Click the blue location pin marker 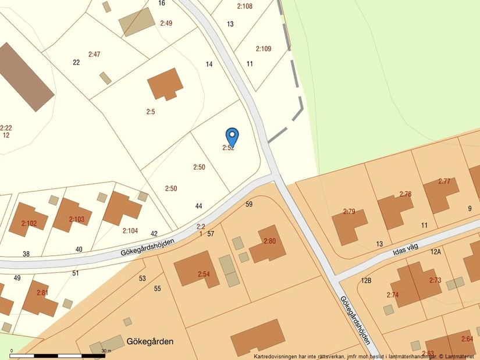(232, 137)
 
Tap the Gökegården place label (150, 341)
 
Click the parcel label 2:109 (263, 49)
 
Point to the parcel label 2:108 (244, 6)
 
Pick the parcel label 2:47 (94, 54)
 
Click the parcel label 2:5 (150, 111)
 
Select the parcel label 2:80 (270, 241)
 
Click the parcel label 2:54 (203, 274)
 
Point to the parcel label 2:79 (349, 211)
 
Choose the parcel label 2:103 (76, 219)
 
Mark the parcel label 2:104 (130, 230)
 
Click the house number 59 (249, 204)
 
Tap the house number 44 (199, 206)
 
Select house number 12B (366, 281)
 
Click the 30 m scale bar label (106, 351)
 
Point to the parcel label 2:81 (42, 293)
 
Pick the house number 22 (76, 62)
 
